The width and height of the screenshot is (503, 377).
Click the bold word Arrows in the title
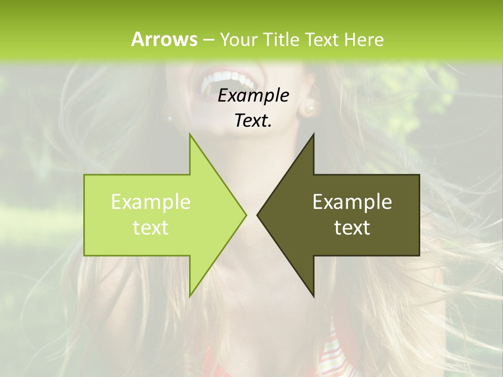click(164, 39)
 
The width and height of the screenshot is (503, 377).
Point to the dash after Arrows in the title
click(209, 40)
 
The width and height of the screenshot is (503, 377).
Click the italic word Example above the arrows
click(253, 95)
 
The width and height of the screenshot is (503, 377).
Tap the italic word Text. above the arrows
click(253, 120)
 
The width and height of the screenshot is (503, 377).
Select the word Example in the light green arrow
click(151, 202)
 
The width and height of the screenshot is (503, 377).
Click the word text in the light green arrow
click(151, 227)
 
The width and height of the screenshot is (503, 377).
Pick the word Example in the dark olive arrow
click(352, 202)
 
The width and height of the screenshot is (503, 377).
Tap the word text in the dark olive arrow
click(352, 227)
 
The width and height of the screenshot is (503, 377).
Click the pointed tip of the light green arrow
click(245, 215)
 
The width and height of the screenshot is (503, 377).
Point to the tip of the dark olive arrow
click(258, 215)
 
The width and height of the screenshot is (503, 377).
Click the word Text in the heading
click(323, 39)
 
